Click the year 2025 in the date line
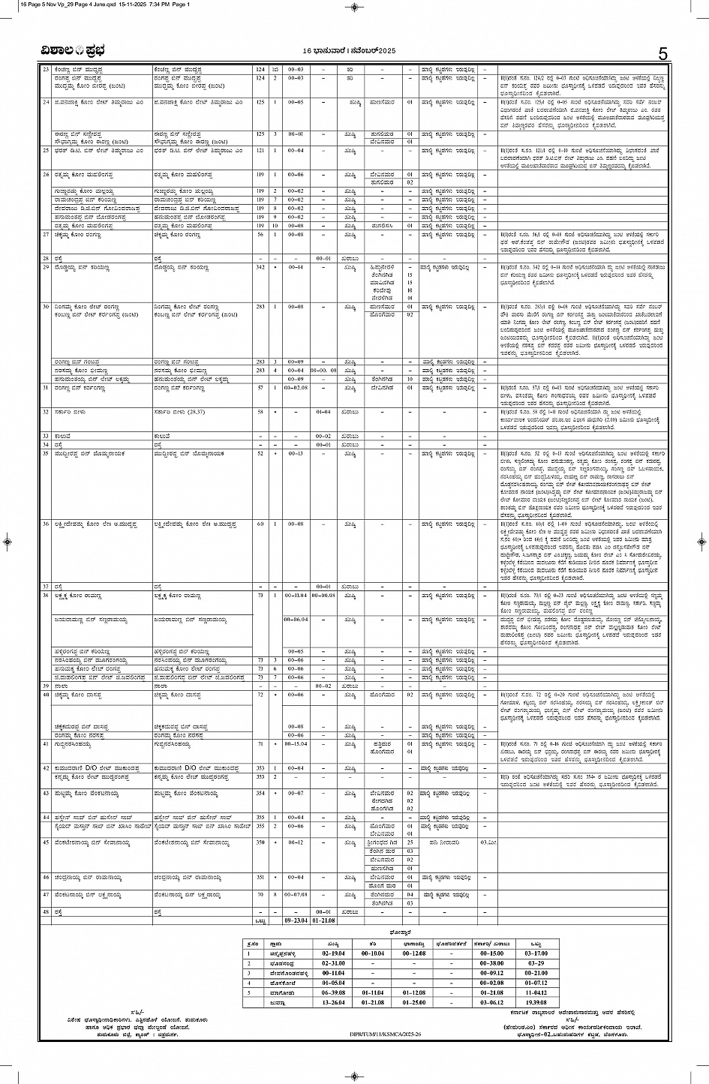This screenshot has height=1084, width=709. pyautogui.click(x=383, y=50)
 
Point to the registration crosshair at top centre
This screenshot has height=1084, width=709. pyautogui.click(x=354, y=7)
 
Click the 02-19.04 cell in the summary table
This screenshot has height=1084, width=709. pyautogui.click(x=332, y=952)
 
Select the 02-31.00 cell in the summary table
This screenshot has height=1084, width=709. pyautogui.click(x=332, y=962)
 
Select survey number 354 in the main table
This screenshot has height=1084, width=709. pyautogui.click(x=260, y=792)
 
